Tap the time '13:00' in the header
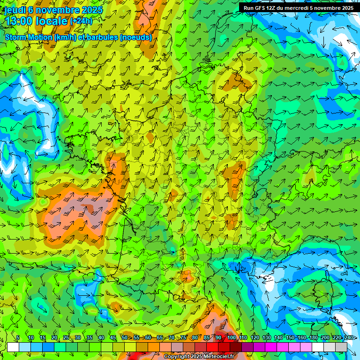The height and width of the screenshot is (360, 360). (x=19, y=21)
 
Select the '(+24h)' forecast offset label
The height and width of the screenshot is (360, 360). (x=81, y=21)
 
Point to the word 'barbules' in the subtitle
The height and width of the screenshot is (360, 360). (x=103, y=37)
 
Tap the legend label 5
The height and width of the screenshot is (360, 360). (x=18, y=338)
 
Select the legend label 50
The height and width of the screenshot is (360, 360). (x=124, y=338)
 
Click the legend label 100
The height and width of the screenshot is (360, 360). (x=232, y=338)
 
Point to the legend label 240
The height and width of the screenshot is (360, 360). (x=349, y=338)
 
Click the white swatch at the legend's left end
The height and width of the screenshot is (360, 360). (x=13, y=347)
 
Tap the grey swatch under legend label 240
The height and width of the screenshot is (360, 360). (x=341, y=347)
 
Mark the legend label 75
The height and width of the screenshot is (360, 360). (x=183, y=338)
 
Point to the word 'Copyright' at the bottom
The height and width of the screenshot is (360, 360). (x=176, y=357)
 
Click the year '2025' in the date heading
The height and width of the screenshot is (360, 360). (x=89, y=9)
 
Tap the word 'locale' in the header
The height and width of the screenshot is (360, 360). (x=52, y=21)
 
